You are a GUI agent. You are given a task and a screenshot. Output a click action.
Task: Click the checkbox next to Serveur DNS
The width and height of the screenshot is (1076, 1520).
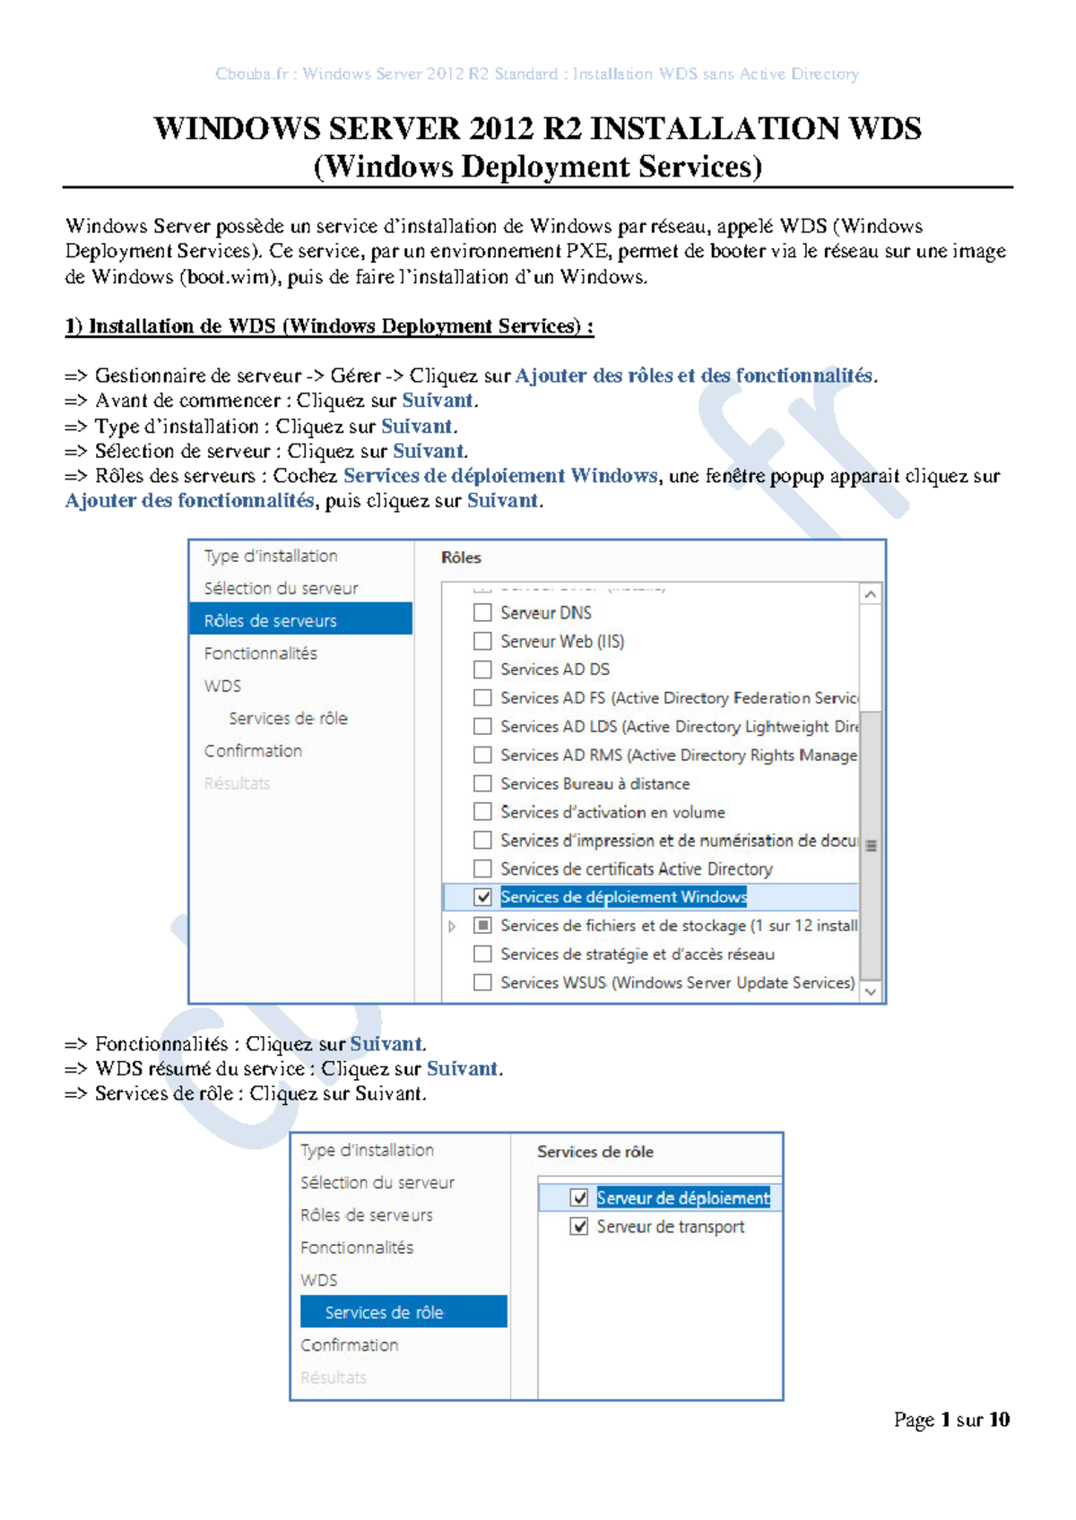click(482, 613)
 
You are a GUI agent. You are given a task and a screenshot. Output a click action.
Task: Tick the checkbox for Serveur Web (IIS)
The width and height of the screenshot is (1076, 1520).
click(482, 642)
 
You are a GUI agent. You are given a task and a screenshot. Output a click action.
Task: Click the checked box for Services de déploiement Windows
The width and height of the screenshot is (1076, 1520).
click(482, 897)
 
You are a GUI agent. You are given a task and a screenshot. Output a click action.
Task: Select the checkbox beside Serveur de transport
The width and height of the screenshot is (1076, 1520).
click(579, 1227)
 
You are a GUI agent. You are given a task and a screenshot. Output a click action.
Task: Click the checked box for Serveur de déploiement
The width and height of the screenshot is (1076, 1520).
click(579, 1198)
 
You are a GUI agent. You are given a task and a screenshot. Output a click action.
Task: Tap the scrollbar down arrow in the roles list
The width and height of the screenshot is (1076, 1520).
click(870, 992)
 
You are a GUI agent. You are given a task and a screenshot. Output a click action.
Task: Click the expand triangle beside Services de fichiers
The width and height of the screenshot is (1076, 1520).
click(453, 926)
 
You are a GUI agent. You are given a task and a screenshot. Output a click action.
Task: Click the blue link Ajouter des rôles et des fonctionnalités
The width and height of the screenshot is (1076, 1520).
click(693, 376)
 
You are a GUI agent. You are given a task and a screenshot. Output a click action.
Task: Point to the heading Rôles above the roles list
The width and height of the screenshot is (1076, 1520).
click(461, 558)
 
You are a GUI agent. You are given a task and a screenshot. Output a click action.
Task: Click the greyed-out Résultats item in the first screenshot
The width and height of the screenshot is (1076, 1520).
click(237, 783)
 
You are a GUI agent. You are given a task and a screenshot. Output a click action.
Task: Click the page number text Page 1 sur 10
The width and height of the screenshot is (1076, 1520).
click(950, 1420)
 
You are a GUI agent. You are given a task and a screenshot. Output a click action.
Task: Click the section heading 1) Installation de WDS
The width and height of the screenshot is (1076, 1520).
click(328, 327)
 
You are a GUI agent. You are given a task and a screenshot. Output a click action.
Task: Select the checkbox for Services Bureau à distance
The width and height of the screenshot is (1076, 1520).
click(482, 783)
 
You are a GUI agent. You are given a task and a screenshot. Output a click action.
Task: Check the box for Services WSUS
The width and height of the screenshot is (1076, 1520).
click(482, 983)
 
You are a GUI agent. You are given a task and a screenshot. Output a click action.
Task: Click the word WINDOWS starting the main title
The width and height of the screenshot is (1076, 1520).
click(236, 129)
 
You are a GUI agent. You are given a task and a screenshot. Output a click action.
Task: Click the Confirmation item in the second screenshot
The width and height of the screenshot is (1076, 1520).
click(349, 1345)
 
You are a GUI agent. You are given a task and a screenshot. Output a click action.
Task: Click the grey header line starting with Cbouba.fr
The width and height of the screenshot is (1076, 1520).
click(537, 74)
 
